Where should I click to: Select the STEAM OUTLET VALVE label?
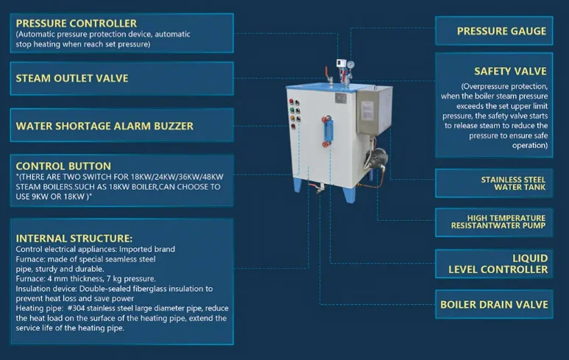pos(71,78)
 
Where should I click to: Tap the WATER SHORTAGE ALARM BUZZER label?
pos(105,126)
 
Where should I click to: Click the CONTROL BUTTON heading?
pos(63,166)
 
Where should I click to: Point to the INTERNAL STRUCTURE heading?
pos(74,239)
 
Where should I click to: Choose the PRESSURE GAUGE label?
pos(501,31)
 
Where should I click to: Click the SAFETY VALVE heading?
pos(510,71)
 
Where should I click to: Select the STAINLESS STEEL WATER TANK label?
pos(513,183)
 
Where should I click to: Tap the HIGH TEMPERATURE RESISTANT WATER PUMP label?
pos(506,222)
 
